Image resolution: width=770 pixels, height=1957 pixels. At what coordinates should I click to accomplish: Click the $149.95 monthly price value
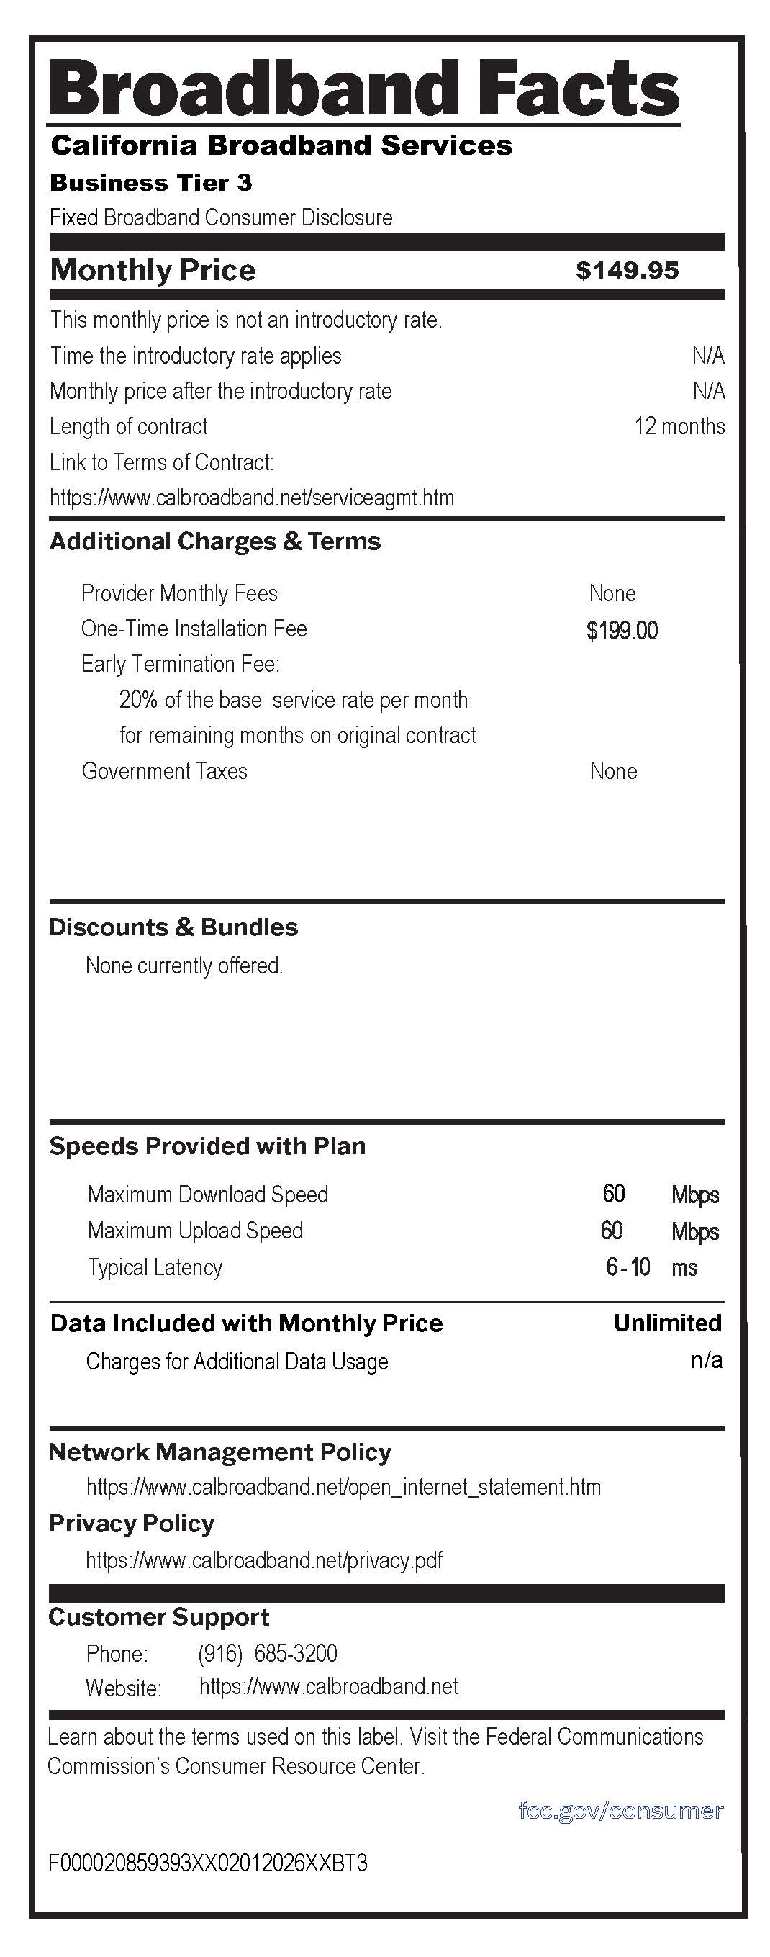627,271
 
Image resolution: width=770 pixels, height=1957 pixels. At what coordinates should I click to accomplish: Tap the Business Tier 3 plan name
150,183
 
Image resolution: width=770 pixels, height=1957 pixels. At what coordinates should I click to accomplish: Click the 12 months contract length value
679,426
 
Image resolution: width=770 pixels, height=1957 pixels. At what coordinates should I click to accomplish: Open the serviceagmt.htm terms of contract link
251,498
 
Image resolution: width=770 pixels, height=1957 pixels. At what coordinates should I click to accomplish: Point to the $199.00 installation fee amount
622,630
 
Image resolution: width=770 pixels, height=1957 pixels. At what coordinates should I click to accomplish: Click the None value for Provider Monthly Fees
612,593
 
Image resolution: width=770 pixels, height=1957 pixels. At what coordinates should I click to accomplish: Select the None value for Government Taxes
613,771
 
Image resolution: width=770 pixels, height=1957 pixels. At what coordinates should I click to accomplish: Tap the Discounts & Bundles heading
173,927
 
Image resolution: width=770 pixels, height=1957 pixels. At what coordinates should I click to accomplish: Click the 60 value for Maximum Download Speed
614,1194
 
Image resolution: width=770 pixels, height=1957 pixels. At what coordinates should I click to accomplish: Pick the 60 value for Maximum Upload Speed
611,1230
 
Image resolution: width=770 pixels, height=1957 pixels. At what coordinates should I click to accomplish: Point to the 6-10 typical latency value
628,1267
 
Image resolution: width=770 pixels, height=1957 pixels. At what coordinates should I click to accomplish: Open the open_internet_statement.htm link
343,1487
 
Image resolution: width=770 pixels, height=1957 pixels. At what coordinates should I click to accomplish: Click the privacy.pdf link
263,1560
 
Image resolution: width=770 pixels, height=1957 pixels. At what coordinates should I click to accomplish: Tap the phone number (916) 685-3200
267,1653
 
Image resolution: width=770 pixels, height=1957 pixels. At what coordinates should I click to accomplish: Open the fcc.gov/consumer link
620,1810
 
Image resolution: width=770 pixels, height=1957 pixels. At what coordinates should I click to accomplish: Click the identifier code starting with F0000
207,1863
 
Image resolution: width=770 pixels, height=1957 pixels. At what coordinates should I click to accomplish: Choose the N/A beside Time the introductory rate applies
707,356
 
